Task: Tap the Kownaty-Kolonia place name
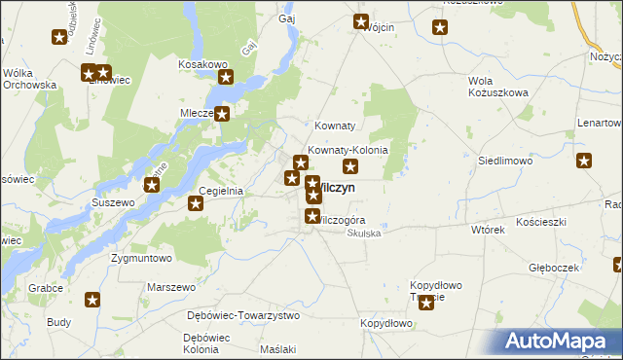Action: coord(348,151)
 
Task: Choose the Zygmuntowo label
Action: coord(141,259)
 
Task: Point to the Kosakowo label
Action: coord(202,63)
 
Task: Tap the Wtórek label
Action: coord(487,231)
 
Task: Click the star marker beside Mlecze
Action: coord(223,114)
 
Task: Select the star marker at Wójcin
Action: coord(361,21)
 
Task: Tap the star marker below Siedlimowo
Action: coord(584,162)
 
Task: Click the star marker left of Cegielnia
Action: coord(196,203)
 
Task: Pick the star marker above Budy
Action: coord(92,301)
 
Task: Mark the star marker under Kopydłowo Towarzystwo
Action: coord(426,303)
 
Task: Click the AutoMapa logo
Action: coord(560,341)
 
